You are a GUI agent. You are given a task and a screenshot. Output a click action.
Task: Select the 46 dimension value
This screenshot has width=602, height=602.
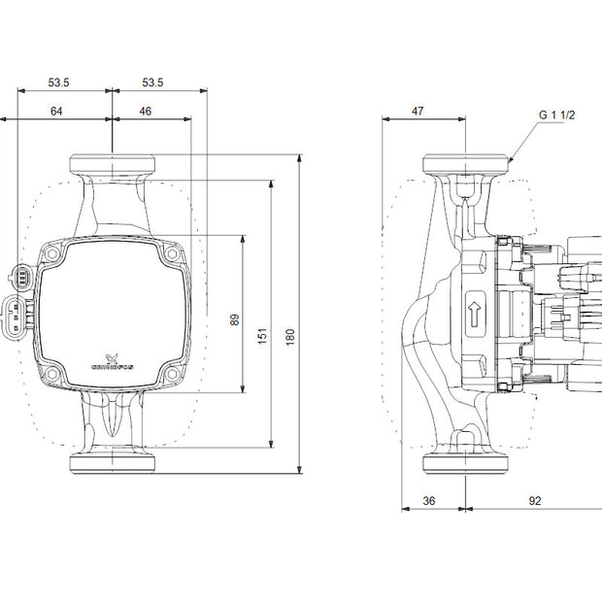pos(145,112)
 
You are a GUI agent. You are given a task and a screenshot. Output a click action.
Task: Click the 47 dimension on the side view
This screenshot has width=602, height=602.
pos(418,112)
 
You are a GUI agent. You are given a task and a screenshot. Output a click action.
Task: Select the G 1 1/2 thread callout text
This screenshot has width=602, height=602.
pos(558,115)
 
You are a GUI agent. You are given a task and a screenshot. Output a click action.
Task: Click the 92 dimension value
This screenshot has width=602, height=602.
pos(534,501)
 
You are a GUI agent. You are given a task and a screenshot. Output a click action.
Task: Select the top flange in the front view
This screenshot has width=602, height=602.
pos(113,163)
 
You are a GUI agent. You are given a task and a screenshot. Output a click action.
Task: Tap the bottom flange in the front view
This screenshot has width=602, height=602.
pos(113,461)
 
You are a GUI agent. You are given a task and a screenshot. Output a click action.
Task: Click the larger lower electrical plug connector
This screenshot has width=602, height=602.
pos(17,314)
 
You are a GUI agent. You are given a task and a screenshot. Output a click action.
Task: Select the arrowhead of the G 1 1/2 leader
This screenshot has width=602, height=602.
pos(510,159)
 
